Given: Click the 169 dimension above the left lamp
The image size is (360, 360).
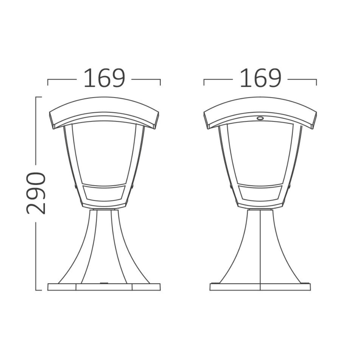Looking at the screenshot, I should [104, 79].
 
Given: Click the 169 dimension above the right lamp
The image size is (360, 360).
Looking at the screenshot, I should [260, 79].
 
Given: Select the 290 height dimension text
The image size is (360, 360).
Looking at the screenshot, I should [36, 193].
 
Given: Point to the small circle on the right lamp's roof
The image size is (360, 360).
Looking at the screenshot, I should [260, 118].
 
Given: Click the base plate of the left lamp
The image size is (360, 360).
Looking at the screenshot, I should [104, 287].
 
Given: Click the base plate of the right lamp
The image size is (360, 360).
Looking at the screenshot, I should [260, 287].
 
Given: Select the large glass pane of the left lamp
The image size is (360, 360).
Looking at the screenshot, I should [104, 150].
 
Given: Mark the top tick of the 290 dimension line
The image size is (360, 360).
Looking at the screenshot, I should [38, 97].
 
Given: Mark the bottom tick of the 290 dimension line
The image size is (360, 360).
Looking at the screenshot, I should [38, 290].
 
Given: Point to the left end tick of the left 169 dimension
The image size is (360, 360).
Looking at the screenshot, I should [48, 82].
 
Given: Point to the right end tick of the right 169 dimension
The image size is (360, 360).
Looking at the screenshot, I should [316, 82].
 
